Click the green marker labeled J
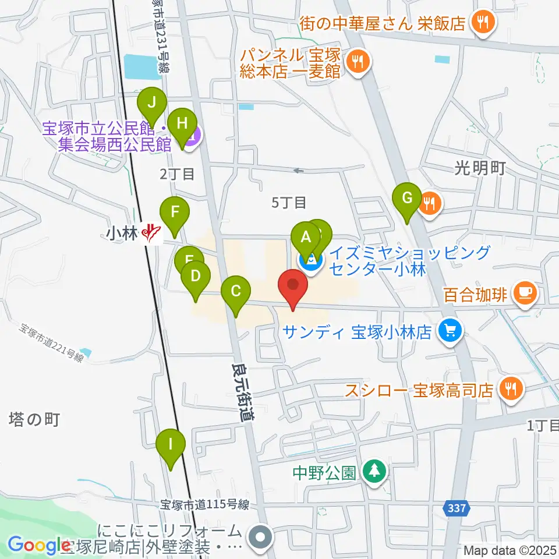[151, 103]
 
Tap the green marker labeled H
[182, 123]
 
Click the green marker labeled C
[235, 291]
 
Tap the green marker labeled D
[196, 276]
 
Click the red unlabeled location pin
[293, 285]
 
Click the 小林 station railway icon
[153, 233]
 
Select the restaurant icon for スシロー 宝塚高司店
[511, 388]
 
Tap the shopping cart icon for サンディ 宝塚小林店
[450, 331]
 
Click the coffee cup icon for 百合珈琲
[526, 292]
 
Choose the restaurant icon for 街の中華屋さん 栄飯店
[483, 23]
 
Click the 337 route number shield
[457, 509]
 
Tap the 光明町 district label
[479, 168]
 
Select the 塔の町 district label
[34, 419]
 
